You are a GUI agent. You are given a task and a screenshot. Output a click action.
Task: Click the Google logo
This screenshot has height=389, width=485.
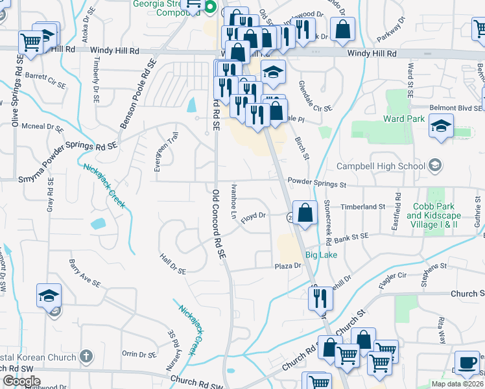coord(21,381)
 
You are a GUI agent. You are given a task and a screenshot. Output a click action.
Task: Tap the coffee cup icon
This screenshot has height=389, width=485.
coord(467,363)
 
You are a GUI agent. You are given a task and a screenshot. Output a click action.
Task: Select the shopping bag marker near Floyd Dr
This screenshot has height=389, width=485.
coord(305,212)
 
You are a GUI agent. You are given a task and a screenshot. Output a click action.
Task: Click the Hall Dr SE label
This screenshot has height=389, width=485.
coord(173,263)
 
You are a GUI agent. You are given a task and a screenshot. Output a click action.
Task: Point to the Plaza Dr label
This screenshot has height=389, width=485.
coord(289,266)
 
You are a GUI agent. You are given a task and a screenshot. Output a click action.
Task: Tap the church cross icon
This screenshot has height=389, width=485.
coord(86,357)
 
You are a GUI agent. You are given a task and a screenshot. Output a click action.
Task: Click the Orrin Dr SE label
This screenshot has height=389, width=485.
coord(138,354)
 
